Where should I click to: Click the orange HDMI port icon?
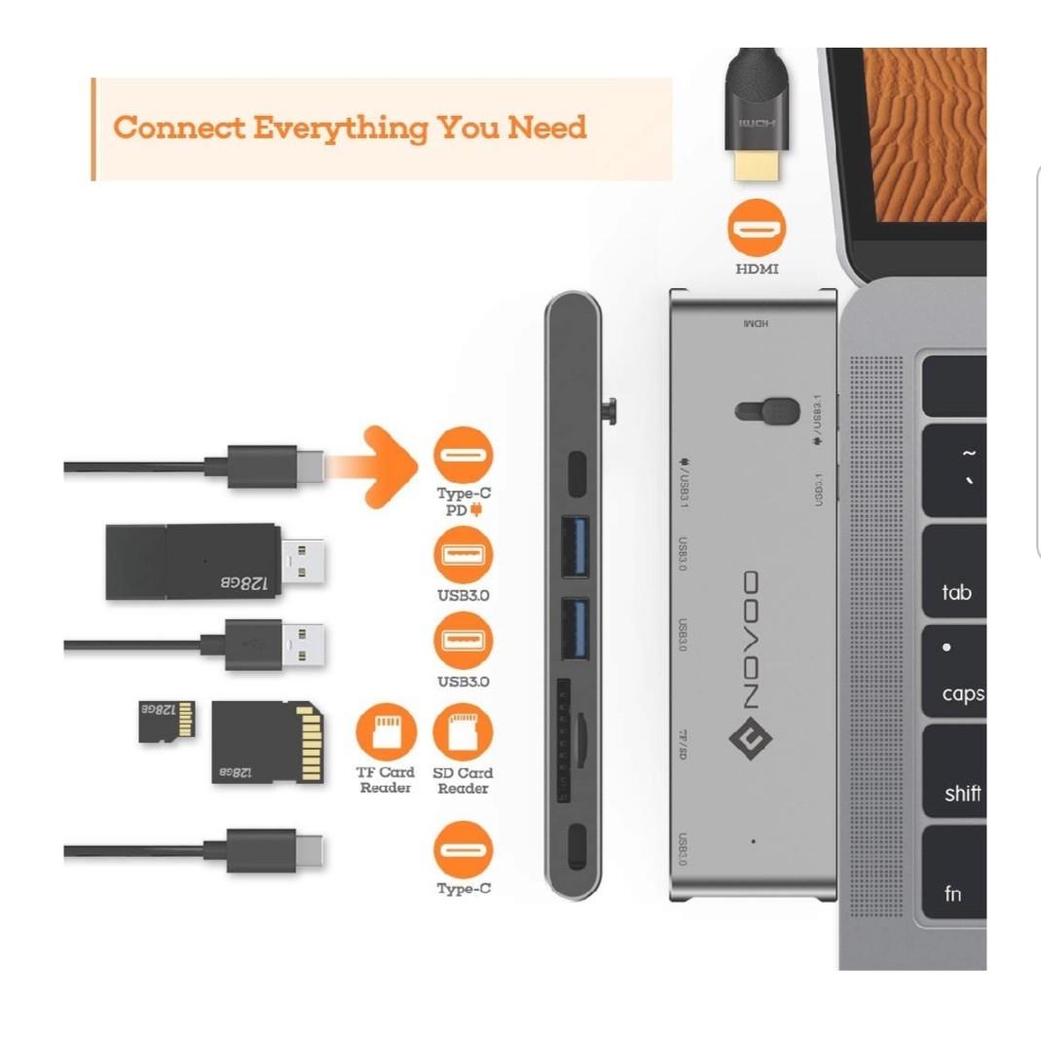tap(757, 229)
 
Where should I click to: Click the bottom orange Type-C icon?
tap(464, 849)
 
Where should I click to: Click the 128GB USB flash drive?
tap(214, 562)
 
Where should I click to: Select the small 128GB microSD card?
tap(166, 722)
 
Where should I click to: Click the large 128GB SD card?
tap(267, 741)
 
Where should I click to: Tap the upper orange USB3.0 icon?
tap(464, 555)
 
